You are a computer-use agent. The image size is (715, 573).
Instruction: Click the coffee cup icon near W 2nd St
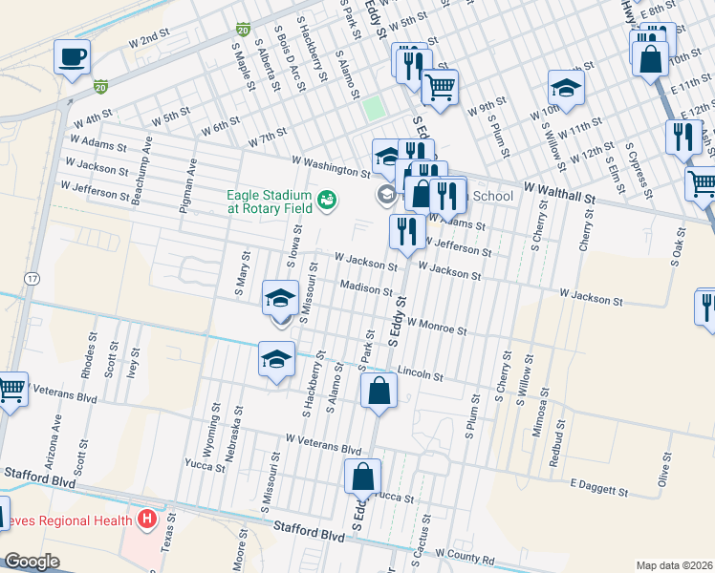[73, 56]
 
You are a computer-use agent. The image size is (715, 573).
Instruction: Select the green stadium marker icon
[327, 199]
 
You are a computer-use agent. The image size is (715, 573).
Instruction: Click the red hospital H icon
[146, 520]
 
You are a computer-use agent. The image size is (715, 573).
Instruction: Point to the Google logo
[32, 562]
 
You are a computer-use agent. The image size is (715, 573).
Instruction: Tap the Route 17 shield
[32, 279]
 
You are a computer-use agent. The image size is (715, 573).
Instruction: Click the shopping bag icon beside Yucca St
[363, 476]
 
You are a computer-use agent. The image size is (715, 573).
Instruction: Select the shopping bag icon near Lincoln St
[379, 390]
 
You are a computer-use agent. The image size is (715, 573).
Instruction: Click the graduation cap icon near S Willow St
[566, 89]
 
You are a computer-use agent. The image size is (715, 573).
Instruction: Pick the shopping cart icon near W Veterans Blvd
[11, 389]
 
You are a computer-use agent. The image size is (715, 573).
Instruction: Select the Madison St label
[365, 288]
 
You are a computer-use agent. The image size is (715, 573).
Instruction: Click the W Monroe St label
[436, 327]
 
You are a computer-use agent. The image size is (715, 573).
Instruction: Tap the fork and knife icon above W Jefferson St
[407, 231]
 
